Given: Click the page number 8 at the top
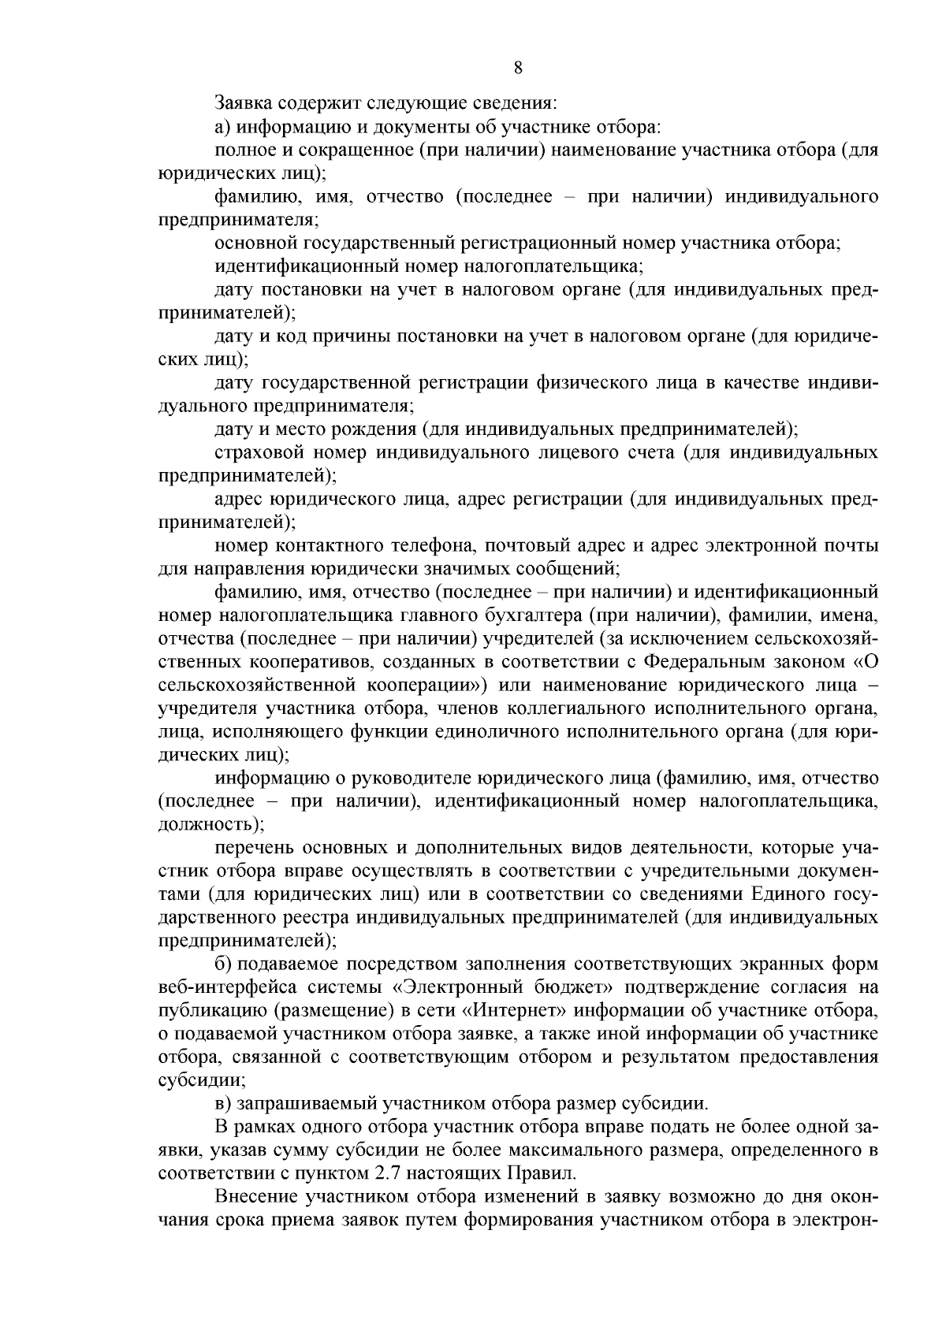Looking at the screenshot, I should tap(518, 67).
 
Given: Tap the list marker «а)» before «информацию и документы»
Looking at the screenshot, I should tap(222, 126).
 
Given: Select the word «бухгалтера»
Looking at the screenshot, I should tap(534, 615).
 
